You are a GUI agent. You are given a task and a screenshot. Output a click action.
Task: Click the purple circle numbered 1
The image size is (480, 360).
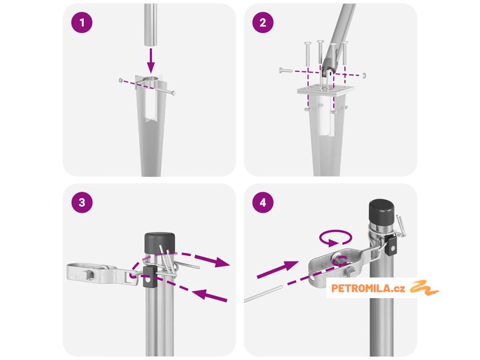[x=82, y=22]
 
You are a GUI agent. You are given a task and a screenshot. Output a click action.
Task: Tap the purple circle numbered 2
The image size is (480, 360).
[x=263, y=22]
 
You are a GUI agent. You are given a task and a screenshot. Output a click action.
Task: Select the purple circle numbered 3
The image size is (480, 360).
[x=82, y=202]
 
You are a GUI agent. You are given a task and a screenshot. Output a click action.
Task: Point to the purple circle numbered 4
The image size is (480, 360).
[x=263, y=202]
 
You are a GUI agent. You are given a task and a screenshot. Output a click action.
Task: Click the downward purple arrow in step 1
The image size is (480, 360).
[x=150, y=60]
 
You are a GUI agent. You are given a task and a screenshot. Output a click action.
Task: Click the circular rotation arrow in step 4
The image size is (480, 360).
[x=336, y=237]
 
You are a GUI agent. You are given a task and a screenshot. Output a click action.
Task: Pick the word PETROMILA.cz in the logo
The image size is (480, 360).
[x=368, y=288]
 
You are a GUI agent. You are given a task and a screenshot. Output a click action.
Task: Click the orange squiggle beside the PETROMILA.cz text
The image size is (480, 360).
[x=424, y=288]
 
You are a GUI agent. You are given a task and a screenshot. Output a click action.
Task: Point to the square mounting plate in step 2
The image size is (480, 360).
[x=326, y=90]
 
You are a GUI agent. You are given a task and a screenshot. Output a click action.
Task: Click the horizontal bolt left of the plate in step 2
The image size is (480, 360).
[x=286, y=71]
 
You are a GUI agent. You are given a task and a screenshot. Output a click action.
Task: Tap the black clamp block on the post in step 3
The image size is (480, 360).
[x=150, y=277]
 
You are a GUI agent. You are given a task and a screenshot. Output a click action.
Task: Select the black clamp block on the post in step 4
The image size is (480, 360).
[x=391, y=245]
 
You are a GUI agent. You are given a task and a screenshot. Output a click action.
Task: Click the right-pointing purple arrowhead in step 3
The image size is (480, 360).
[x=221, y=262]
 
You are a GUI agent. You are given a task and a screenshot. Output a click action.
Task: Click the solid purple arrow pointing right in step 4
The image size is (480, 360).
[x=277, y=270]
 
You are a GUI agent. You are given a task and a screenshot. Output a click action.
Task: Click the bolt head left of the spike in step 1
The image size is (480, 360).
[x=121, y=80]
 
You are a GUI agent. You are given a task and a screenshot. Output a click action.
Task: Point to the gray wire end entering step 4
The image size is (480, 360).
[x=263, y=294]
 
